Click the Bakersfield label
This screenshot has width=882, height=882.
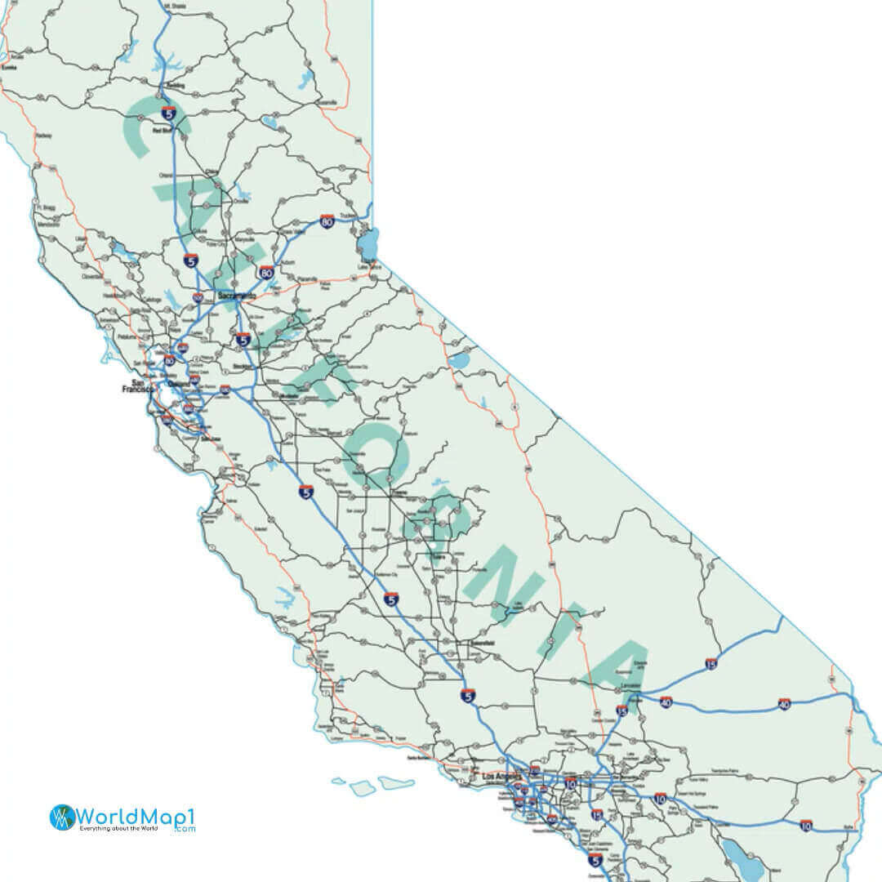482,644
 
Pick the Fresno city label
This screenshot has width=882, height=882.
399,494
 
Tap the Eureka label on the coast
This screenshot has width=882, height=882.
9,68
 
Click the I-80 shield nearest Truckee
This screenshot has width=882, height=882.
327,221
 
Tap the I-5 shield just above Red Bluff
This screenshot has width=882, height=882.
168,114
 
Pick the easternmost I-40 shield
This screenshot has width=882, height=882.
784,703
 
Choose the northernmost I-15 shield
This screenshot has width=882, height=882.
712,665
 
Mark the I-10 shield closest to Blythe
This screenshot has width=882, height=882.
806,826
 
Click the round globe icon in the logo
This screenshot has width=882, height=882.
62,817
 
